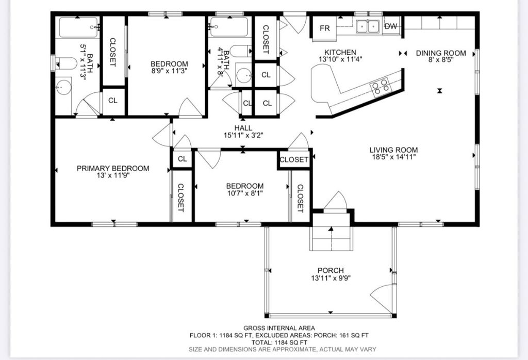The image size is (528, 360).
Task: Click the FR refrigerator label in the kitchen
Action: [325, 28]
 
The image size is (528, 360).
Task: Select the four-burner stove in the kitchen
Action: [380, 86]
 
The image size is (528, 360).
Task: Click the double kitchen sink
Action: [368, 26]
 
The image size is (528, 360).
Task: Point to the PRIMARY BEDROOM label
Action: [113, 168]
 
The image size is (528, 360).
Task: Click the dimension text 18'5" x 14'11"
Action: [393, 157]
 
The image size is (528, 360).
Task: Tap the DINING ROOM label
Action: [441, 53]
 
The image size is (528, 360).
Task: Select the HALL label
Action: [243, 128]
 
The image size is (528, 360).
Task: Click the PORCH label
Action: [331, 270]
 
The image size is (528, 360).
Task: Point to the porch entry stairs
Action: [331, 238]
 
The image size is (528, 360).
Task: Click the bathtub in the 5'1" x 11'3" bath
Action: [78, 28]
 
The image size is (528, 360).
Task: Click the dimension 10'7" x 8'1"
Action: [245, 193]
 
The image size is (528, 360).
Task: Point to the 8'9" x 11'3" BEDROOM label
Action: [169, 64]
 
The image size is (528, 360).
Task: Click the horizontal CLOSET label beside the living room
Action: [294, 160]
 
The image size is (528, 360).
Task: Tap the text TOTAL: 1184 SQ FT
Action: [279, 342]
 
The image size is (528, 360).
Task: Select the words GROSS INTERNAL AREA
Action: [279, 328]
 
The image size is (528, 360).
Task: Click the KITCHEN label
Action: [340, 52]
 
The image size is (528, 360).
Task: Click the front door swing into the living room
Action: [335, 201]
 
